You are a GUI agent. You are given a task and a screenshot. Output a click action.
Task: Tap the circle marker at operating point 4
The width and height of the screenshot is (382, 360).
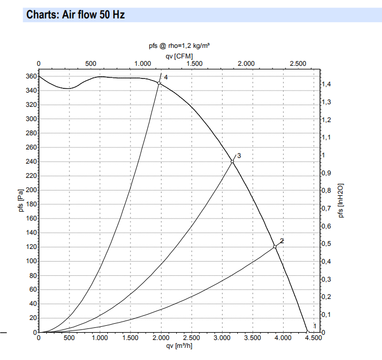159,83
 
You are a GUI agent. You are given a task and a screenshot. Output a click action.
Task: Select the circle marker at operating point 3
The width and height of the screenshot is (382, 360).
232,161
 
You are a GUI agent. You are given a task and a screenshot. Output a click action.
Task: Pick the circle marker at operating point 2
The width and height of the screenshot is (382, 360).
275,247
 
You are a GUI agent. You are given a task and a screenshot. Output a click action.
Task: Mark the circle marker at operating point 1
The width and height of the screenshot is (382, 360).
307,332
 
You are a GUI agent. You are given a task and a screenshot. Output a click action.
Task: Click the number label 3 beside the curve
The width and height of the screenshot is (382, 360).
239,156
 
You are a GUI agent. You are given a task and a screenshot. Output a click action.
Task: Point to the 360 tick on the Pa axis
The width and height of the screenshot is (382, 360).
31,76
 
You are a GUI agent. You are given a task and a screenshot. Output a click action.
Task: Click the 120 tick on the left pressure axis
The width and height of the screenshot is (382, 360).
31,247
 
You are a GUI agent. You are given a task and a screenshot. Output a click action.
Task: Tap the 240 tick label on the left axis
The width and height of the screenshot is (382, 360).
31,162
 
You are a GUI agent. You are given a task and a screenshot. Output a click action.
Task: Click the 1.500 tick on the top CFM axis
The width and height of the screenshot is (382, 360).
195,64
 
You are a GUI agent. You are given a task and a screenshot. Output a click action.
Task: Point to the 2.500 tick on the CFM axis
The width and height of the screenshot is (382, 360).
298,64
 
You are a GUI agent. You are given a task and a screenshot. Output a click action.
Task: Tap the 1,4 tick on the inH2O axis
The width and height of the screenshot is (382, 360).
326,84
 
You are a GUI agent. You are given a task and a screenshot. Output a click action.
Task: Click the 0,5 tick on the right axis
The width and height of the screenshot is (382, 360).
326,244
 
